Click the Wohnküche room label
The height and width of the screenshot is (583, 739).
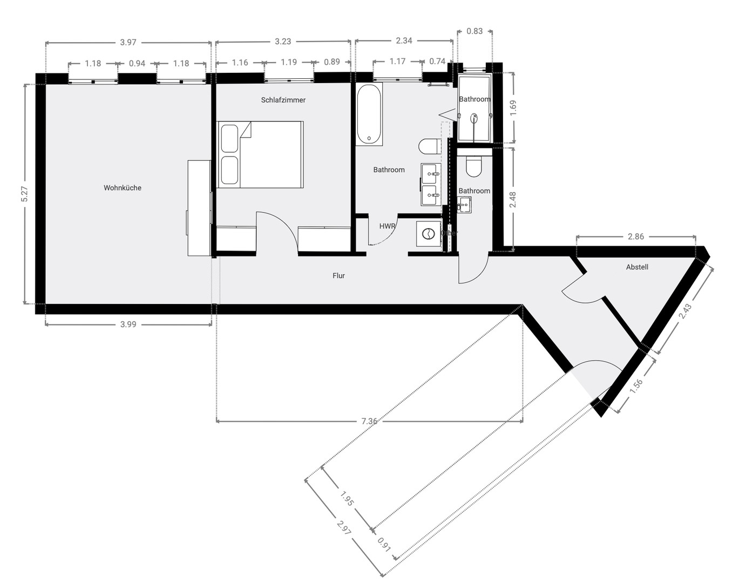tap(123, 188)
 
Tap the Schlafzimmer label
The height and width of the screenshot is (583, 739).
tap(283, 100)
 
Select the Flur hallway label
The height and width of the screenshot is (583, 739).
tap(338, 276)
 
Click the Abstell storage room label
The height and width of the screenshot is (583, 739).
tap(637, 267)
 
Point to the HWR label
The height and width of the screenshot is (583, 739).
tap(387, 226)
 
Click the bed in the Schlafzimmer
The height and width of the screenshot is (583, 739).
tap(260, 155)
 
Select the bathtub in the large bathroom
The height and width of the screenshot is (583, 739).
tap(369, 114)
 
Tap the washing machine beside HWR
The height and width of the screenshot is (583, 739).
tap(429, 234)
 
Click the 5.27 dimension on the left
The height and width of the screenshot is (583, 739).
tap(24, 194)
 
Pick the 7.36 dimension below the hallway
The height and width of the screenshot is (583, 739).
tap(369, 421)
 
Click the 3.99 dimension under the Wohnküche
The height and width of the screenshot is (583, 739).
tap(128, 324)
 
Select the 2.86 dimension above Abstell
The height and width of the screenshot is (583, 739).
tap(636, 236)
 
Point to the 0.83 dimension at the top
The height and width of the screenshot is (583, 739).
tap(474, 31)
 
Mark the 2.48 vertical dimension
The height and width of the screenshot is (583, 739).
tap(513, 200)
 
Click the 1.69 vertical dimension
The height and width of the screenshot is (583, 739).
tap(513, 106)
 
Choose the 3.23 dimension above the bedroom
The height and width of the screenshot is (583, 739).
tap(283, 42)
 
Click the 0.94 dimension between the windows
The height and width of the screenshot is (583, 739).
tap(137, 63)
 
